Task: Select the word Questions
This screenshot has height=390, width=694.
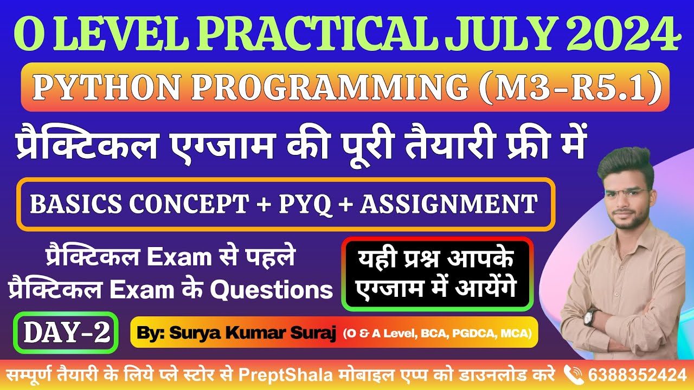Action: click(x=271, y=291)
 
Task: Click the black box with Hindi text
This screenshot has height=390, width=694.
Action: click(x=438, y=274)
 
